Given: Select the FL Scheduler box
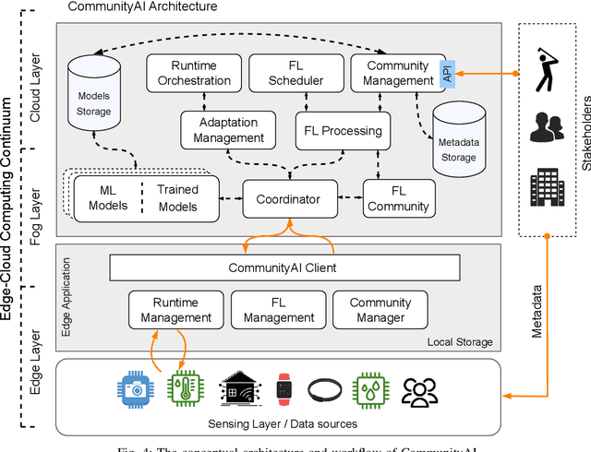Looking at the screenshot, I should click(x=295, y=73).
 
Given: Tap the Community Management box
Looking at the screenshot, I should click(x=397, y=73).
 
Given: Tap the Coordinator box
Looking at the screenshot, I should click(x=288, y=198).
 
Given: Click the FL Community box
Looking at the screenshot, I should click(x=398, y=198).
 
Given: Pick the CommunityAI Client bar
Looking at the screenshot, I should click(x=284, y=268).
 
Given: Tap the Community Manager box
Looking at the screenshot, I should click(x=380, y=310).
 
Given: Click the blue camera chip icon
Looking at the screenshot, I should click(x=131, y=388).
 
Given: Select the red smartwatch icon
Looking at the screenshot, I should click(x=284, y=388).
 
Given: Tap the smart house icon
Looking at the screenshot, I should click(x=235, y=388).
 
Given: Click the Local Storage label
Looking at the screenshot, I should click(x=460, y=342).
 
